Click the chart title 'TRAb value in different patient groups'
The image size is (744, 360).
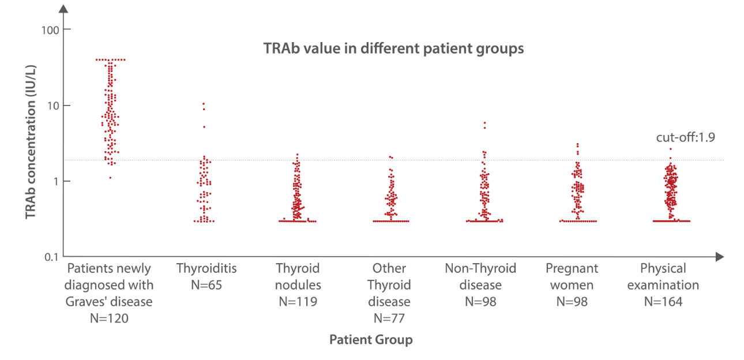(393, 48)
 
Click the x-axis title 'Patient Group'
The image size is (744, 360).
(371, 340)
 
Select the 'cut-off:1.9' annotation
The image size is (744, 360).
(686, 137)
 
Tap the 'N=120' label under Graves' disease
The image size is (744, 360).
(109, 318)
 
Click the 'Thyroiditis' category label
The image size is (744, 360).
(206, 268)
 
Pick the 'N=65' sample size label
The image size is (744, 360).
(206, 285)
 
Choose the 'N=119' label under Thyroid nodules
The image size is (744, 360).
(298, 301)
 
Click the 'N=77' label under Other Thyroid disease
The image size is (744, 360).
(389, 318)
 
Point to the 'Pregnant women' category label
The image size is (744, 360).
(572, 277)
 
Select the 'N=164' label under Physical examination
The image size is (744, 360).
(663, 301)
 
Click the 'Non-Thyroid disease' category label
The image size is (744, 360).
(480, 277)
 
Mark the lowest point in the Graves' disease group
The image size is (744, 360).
(110, 178)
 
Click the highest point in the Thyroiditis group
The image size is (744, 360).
(204, 104)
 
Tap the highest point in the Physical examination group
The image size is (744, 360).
(670, 149)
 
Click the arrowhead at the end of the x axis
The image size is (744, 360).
(719, 256)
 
